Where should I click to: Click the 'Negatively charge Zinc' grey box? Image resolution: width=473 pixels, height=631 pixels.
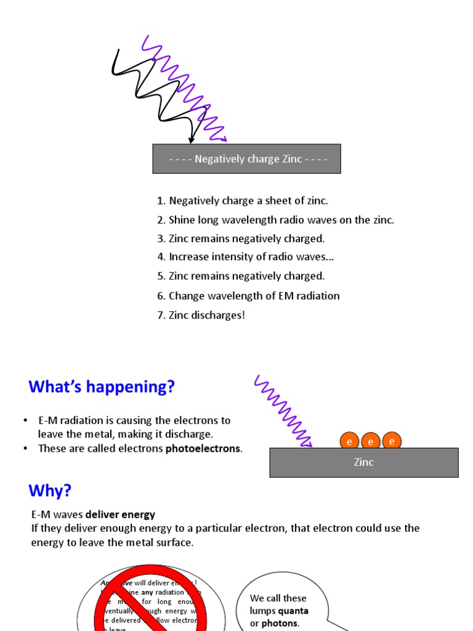pos(246,159)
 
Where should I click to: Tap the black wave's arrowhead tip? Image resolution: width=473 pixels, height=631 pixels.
pos(192,142)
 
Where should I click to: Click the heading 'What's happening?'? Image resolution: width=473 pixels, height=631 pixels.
pos(102,387)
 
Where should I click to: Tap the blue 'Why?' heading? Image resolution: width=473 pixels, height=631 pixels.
pos(50,491)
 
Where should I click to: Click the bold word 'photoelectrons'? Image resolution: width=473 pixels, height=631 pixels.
pos(203,449)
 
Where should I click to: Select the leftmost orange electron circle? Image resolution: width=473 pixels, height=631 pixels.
pos(349,441)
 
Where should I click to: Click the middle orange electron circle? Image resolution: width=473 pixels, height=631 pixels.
pos(371,441)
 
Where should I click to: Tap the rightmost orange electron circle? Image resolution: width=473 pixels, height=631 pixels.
pos(392,441)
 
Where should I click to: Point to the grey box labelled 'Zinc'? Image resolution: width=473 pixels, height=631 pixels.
pos(363,462)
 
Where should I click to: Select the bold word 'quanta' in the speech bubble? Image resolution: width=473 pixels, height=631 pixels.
pos(293,611)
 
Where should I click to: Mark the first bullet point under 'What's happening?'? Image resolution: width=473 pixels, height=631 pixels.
pos(25,420)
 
